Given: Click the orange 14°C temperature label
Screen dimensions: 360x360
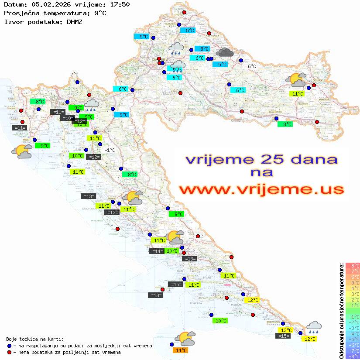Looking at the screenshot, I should tap(181, 350).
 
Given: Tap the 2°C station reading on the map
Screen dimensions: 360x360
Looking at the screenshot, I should tap(74, 75).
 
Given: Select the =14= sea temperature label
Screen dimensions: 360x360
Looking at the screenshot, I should tap(156, 251).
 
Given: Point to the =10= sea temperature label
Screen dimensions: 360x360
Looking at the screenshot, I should tap(67, 118).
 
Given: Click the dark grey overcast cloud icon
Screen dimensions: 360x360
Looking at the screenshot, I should tap(225, 52).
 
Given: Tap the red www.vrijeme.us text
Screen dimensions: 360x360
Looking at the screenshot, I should tap(261, 189).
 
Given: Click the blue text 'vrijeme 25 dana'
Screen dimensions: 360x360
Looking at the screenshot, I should tap(261, 159).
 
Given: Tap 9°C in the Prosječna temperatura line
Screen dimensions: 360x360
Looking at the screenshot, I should tap(100, 13).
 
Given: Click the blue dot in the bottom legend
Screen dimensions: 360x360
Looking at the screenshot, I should tap(9, 346).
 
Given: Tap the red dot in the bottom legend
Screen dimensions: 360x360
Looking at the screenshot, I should tap(9, 352).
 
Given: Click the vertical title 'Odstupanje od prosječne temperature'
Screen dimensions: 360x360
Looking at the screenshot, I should tap(342, 311).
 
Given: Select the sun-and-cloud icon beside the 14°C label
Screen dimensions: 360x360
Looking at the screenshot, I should tap(185, 338).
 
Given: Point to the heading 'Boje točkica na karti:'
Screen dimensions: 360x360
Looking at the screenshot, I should tap(35, 339).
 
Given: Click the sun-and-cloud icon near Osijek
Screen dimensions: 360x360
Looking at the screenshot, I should tap(296, 80).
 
